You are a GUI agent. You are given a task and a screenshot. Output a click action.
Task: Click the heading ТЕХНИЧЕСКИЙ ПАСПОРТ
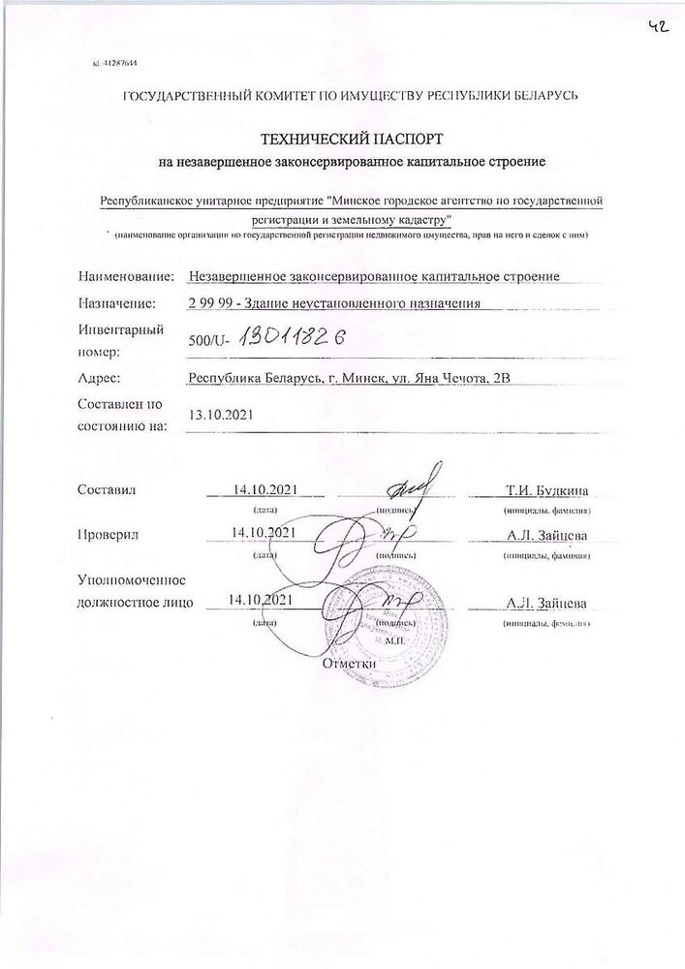342,139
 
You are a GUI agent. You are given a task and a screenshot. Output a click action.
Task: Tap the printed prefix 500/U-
212,339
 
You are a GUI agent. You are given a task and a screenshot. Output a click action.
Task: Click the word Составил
107,489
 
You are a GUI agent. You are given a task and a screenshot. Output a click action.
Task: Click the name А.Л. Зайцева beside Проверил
546,534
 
